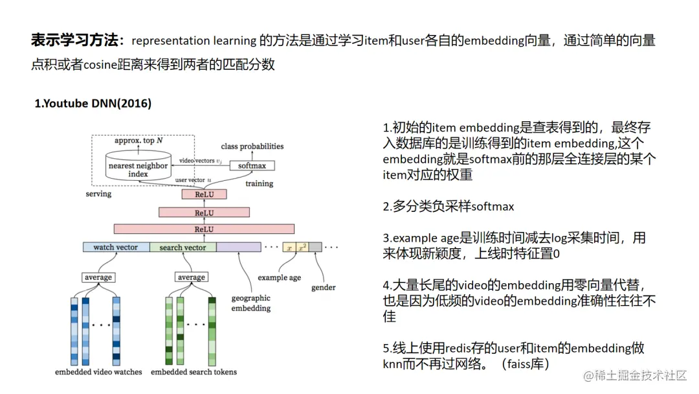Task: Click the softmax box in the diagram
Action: [x=252, y=165]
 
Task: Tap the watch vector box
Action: [x=116, y=247]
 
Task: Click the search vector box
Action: [x=183, y=247]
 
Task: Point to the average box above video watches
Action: [x=98, y=277]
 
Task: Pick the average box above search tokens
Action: [x=192, y=277]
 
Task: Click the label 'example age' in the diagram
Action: [x=279, y=277]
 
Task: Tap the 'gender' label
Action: [x=323, y=287]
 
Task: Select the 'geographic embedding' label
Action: [x=251, y=303]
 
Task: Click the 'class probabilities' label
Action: [x=252, y=146]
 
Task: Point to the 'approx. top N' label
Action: [x=139, y=141]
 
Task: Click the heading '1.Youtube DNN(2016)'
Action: [x=93, y=104]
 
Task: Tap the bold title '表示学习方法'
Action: [x=77, y=41]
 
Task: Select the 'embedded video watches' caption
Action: [x=98, y=372]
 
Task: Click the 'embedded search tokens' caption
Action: [x=194, y=372]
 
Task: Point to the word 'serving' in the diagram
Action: [x=98, y=193]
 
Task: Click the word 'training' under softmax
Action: [x=259, y=183]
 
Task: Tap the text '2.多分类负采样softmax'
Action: [x=448, y=207]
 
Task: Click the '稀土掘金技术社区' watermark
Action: [x=641, y=376]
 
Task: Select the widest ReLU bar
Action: [x=204, y=229]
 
